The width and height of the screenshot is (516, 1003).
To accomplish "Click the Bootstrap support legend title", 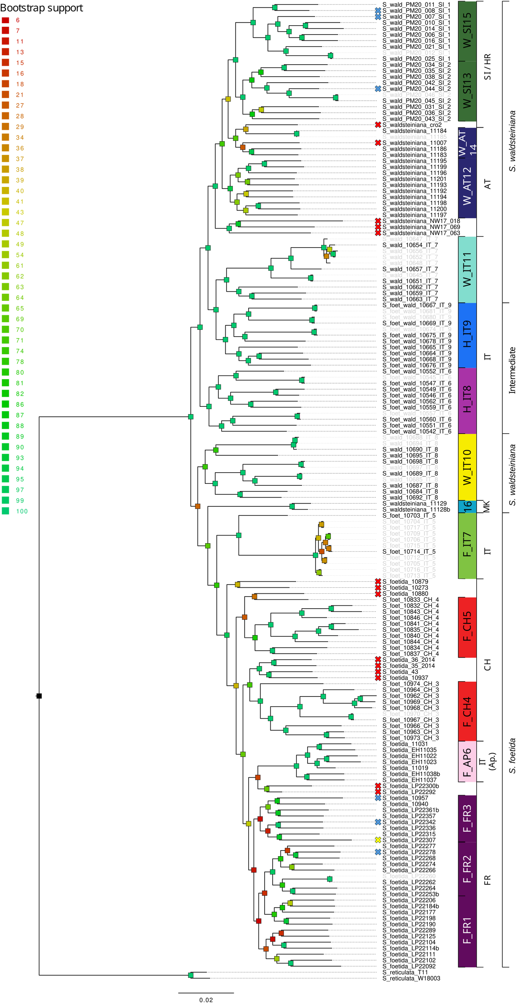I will tap(41, 8).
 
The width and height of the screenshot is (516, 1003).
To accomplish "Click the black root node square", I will tap(39, 696).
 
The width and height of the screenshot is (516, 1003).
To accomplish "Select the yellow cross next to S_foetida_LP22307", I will tap(378, 840).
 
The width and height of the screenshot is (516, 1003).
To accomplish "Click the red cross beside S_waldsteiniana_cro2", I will tap(378, 125).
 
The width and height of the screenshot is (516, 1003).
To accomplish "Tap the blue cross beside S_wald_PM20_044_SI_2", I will tap(378, 89).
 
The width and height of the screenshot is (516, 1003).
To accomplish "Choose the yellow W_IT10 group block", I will tap(467, 467).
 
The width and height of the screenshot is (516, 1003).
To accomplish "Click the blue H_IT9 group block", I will tap(467, 335).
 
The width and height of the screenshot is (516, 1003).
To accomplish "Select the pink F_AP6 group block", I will tap(467, 761).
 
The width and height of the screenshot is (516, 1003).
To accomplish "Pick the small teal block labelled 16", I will tap(467, 506).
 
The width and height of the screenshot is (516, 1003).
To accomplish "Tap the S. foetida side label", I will tap(512, 744).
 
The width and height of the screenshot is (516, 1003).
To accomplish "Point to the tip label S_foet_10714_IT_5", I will tap(409, 552).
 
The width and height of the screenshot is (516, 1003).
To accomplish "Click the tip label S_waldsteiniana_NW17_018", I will tap(421, 221).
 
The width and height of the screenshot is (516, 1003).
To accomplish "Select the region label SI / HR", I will tap(487, 67).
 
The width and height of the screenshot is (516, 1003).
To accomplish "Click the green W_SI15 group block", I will tap(467, 31).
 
